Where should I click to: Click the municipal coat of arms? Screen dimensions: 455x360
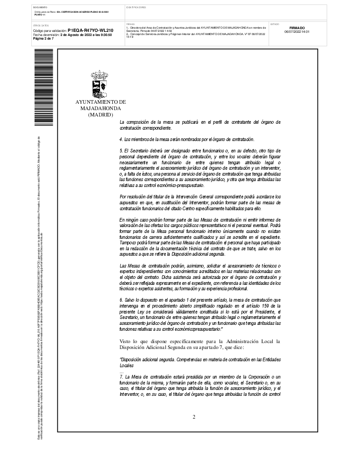point(100,84)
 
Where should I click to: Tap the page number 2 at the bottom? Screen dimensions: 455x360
point(194,417)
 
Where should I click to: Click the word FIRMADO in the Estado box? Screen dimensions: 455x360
point(297,28)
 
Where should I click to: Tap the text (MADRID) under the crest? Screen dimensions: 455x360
point(100,115)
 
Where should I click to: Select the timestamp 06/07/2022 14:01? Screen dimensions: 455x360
point(297,32)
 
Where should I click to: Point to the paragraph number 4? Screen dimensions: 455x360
point(120,139)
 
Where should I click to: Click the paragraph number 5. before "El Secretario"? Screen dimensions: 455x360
point(120,150)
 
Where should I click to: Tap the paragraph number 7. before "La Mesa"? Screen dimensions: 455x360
point(120,377)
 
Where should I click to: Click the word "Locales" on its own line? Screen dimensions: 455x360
point(127,365)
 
